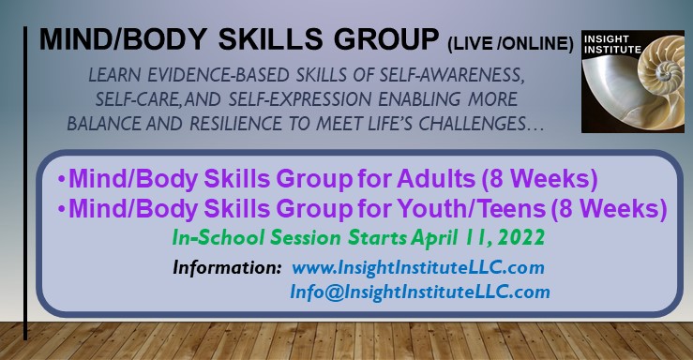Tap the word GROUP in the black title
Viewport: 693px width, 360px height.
pyautogui.click(x=386, y=38)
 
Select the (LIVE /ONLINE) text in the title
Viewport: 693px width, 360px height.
pyautogui.click(x=510, y=44)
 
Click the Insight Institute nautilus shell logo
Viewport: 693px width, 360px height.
pyautogui.click(x=633, y=82)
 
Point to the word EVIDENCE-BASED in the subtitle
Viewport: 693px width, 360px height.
pyautogui.click(x=218, y=75)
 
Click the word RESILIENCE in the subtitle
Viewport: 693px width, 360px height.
pyautogui.click(x=235, y=124)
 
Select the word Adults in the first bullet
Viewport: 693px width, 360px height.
pyautogui.click(x=436, y=179)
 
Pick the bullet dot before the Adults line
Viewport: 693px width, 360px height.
pyautogui.click(x=62, y=180)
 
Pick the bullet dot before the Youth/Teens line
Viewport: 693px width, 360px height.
pyautogui.click(x=62, y=209)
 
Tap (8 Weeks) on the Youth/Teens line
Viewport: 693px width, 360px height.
pyautogui.click(x=610, y=209)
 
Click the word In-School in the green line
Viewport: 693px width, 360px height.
pyautogui.click(x=218, y=237)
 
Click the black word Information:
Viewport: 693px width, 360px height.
pyautogui.click(x=227, y=268)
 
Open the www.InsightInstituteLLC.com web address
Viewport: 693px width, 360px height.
pyautogui.click(x=418, y=268)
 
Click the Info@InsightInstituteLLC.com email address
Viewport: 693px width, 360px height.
pyautogui.click(x=420, y=292)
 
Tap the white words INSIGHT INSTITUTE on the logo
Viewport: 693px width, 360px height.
pyautogui.click(x=612, y=44)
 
